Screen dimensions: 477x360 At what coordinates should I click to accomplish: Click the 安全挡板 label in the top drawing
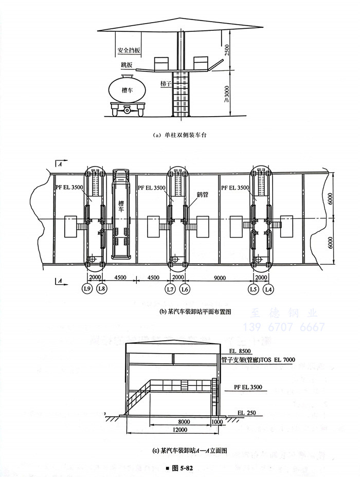[129, 51]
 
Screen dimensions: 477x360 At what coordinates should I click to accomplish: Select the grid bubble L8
[101, 289]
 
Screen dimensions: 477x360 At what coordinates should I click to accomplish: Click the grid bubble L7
[170, 289]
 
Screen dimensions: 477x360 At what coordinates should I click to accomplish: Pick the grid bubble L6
[185, 289]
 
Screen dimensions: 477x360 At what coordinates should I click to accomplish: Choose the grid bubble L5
[254, 289]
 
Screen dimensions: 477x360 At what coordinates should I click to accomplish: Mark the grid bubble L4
[268, 289]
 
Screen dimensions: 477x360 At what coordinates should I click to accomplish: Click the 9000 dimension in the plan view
[220, 277]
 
